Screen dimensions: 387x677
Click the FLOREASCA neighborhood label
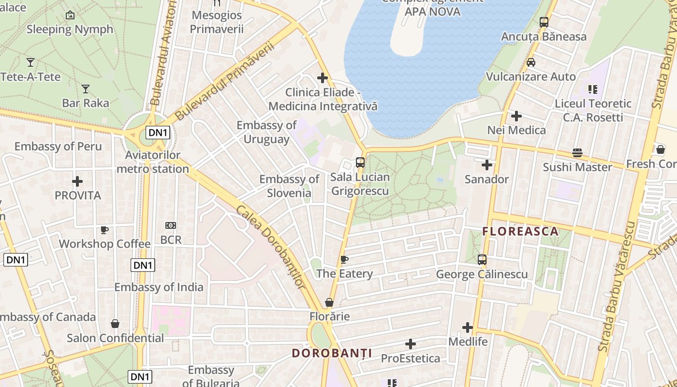(520, 231)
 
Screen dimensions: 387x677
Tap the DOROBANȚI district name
(332, 353)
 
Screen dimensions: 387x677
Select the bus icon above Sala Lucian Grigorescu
(360, 163)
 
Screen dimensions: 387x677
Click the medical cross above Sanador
(486, 165)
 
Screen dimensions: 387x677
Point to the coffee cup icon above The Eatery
(344, 260)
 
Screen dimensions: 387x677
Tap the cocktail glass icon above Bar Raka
(86, 89)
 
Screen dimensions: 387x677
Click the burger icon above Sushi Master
(577, 153)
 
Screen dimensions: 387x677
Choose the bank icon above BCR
(170, 225)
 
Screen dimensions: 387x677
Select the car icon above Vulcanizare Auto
(530, 62)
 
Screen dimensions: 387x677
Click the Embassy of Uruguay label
(266, 132)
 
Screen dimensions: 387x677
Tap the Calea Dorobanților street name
(270, 247)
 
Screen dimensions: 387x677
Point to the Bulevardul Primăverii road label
(224, 81)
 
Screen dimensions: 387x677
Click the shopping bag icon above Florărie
(329, 303)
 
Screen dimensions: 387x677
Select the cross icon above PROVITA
(77, 181)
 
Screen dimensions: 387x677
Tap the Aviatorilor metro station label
(152, 162)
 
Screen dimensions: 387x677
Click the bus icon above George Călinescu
(482, 260)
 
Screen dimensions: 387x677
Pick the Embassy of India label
(159, 287)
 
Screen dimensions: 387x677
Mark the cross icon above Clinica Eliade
(323, 78)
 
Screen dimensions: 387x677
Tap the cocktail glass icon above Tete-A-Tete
(30, 62)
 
